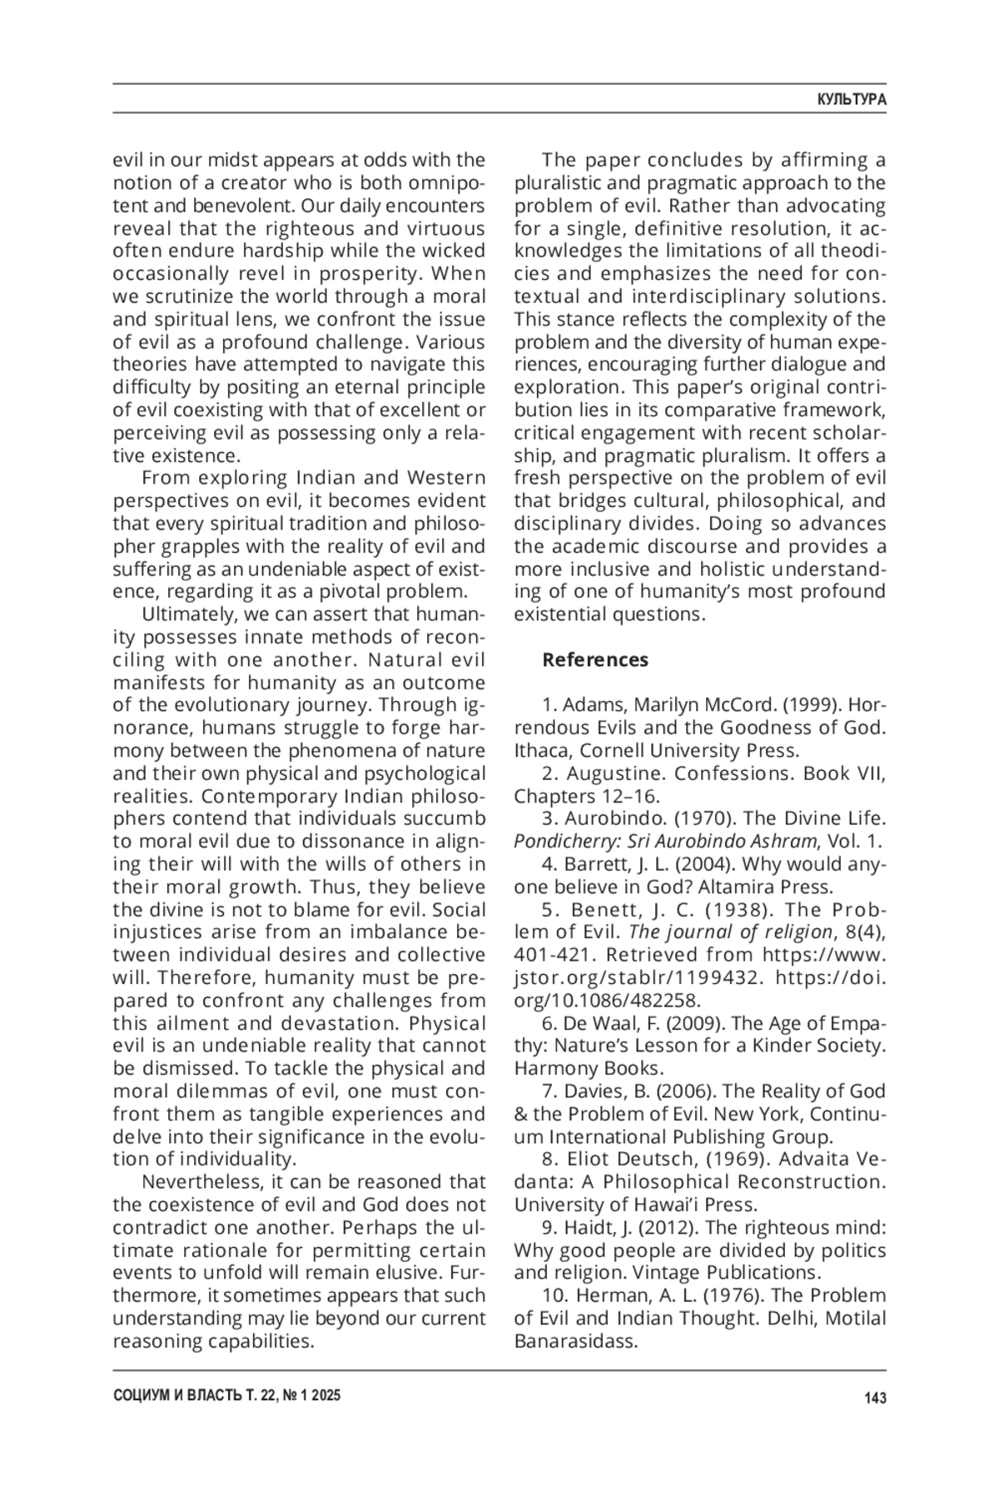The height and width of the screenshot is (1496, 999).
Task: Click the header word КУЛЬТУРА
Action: point(851,99)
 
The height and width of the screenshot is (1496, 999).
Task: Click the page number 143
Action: point(875,1398)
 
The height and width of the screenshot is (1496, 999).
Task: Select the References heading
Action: point(594,659)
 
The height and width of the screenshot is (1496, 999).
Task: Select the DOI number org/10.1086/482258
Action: point(608,1000)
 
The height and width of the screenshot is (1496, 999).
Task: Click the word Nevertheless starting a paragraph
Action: point(196,1181)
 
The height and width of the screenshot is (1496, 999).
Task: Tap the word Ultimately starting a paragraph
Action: point(187,614)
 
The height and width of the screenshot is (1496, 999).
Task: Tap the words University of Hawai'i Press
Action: point(635,1205)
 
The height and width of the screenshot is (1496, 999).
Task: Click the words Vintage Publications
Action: point(727,1272)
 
